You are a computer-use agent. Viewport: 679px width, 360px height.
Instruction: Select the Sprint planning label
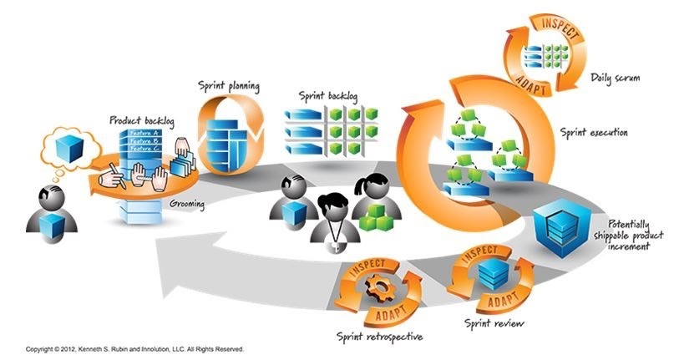[x=228, y=85]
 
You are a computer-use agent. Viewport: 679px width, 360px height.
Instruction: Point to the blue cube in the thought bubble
[x=67, y=148]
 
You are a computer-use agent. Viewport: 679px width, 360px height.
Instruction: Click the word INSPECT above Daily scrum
[x=535, y=23]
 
